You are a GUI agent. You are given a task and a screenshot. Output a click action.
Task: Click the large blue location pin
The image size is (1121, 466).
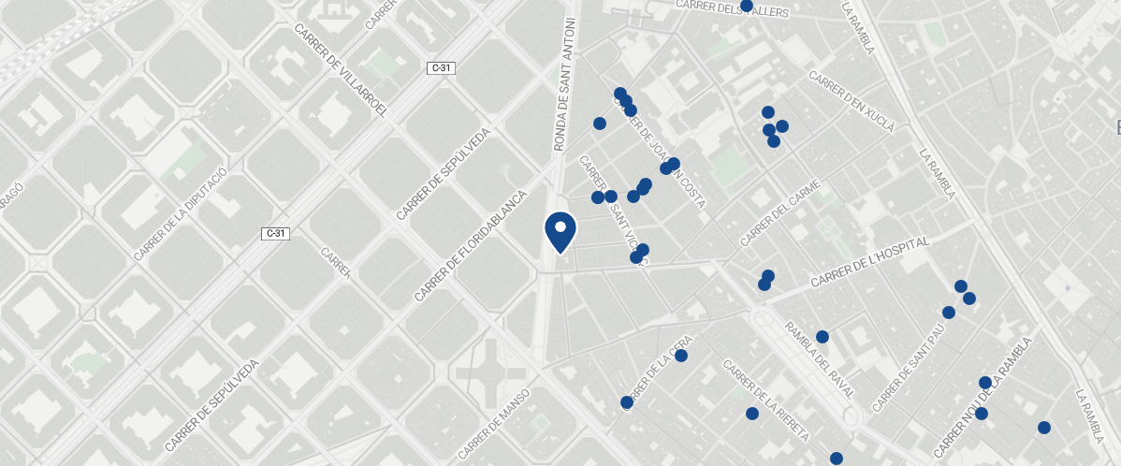(x=560, y=231)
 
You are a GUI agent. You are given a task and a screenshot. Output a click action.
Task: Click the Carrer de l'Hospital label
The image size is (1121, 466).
(x=869, y=262)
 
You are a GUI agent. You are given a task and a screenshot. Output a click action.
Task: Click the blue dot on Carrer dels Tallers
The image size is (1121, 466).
(x=747, y=6)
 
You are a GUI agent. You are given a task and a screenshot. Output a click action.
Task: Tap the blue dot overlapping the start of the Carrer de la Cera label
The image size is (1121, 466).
(x=626, y=402)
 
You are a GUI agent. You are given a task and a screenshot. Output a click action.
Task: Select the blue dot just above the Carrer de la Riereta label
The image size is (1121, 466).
(x=752, y=414)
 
